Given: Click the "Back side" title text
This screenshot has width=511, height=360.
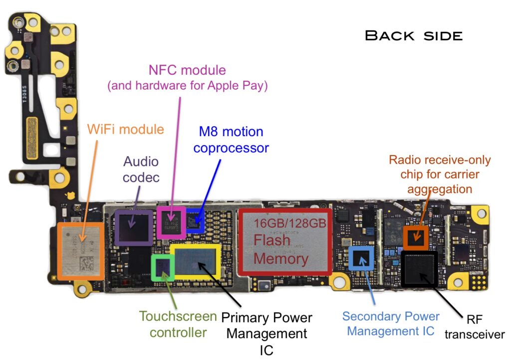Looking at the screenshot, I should pyautogui.click(x=414, y=35).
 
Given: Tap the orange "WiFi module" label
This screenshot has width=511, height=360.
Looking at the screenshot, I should pyautogui.click(x=125, y=129).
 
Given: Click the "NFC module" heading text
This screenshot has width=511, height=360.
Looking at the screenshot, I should pyautogui.click(x=187, y=70).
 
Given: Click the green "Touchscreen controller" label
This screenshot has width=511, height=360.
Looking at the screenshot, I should pyautogui.click(x=178, y=324).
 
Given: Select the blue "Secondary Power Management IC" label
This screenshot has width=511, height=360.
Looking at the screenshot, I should pyautogui.click(x=391, y=323).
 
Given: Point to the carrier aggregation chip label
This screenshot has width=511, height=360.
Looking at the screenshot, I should pyautogui.click(x=440, y=175).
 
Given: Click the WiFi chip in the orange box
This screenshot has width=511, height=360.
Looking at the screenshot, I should pyautogui.click(x=80, y=249).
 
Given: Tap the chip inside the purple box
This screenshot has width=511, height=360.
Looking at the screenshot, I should pyautogui.click(x=133, y=227).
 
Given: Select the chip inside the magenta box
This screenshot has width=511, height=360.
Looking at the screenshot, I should pyautogui.click(x=171, y=221).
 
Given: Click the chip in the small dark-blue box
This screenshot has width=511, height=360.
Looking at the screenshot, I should pyautogui.click(x=195, y=219).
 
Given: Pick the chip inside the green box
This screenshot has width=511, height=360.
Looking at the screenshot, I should pyautogui.click(x=163, y=268).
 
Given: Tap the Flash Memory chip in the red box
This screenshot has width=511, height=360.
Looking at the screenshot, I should pyautogui.click(x=285, y=241).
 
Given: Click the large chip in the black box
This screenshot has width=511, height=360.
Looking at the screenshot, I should pyautogui.click(x=419, y=268).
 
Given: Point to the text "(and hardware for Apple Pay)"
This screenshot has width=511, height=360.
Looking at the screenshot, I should pyautogui.click(x=188, y=86).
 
